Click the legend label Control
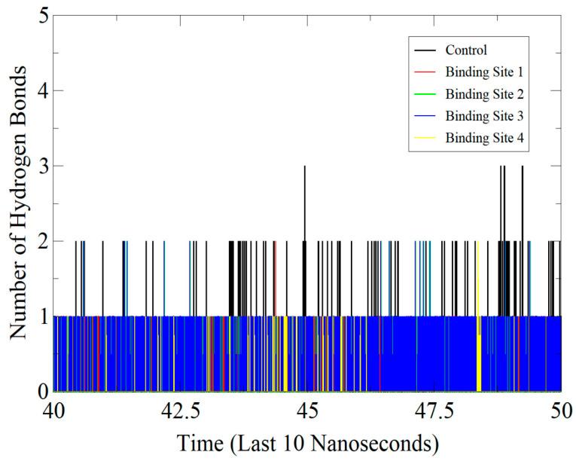click(466, 51)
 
